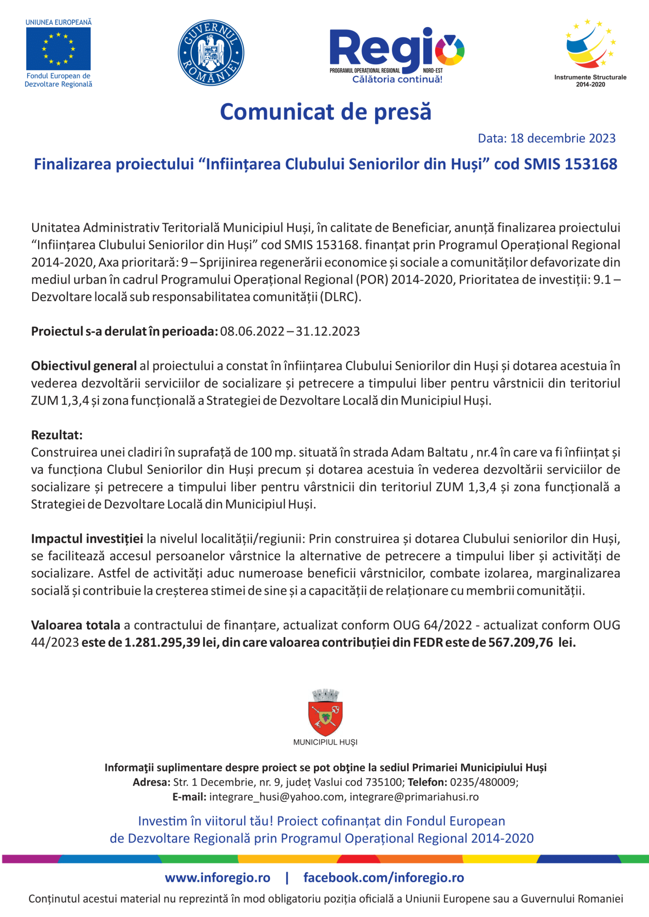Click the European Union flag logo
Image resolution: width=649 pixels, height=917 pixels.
point(58,49)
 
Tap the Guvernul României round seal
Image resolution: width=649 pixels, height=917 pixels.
point(211,53)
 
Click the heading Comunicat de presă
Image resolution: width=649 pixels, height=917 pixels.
point(325,112)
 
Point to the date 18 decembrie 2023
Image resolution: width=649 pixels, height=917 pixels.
point(562,138)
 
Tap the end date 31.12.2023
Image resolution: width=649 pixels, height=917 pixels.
point(327,331)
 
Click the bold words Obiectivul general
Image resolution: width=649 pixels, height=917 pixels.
point(84,366)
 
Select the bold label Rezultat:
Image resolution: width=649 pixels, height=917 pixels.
point(57,435)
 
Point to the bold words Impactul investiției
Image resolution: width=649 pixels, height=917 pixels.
point(87,539)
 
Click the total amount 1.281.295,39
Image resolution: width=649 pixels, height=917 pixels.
point(162,643)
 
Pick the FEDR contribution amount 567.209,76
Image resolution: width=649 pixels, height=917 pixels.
point(521,643)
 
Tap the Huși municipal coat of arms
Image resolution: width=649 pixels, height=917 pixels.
point(325,714)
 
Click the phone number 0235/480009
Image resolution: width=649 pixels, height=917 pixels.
point(483,782)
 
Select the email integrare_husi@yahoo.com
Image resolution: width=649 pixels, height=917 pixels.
point(277,797)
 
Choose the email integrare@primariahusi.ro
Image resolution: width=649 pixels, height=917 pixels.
point(414,797)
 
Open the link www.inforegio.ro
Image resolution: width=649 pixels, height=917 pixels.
point(217,878)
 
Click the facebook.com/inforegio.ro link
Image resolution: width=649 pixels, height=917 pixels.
point(384,878)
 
